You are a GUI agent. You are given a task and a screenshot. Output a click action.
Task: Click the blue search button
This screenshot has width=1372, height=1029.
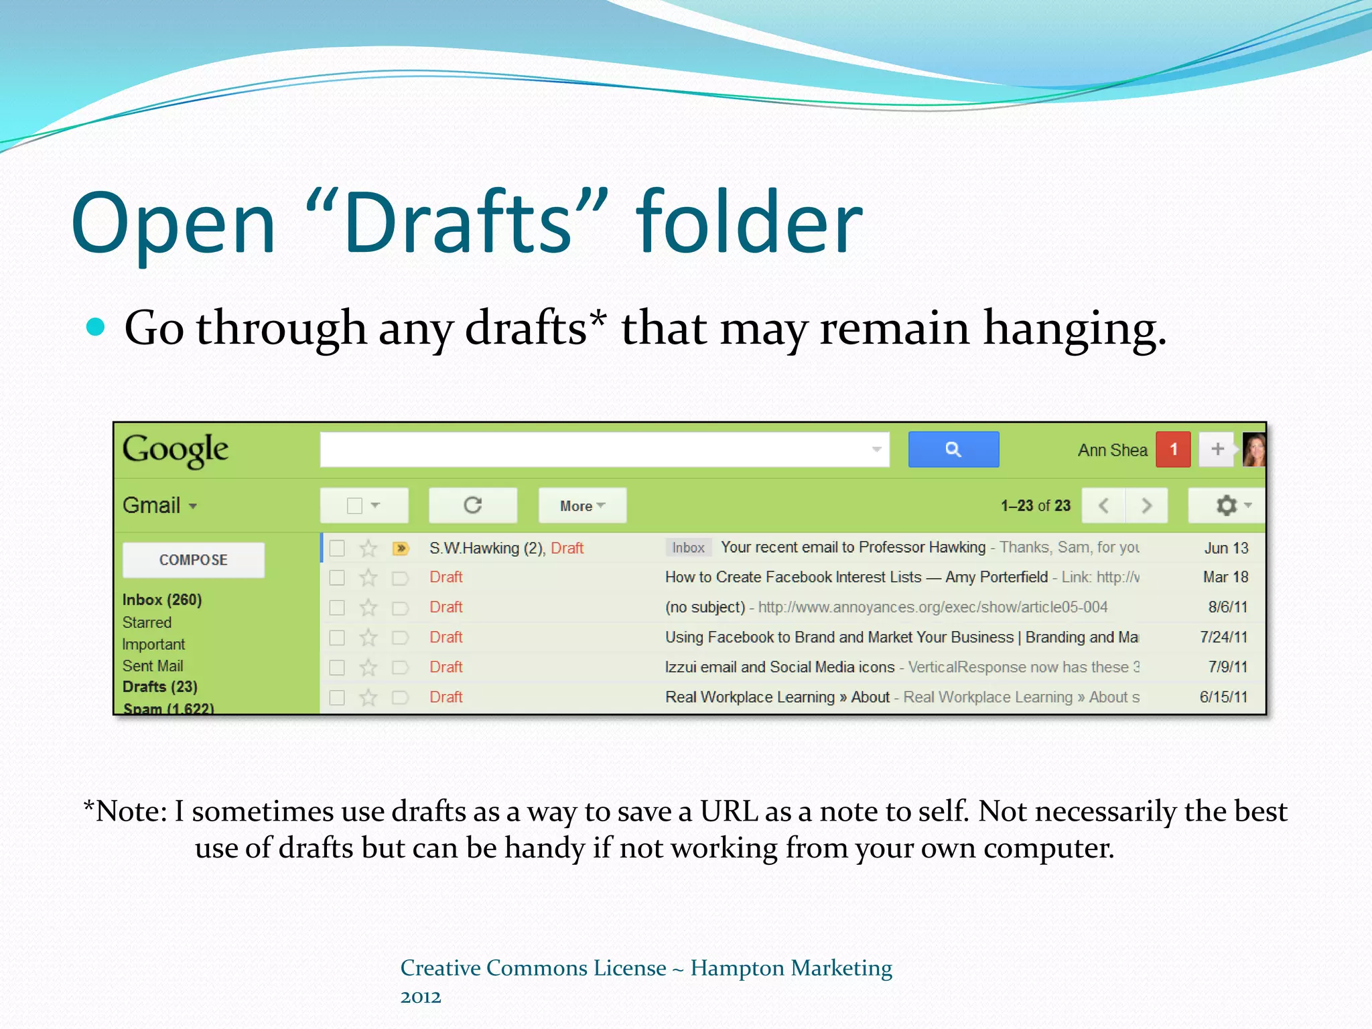pyautogui.click(x=953, y=450)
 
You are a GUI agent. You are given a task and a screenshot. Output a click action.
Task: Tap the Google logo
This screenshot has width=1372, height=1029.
pyautogui.click(x=176, y=450)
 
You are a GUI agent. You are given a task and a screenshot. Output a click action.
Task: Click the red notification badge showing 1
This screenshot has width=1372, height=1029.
pyautogui.click(x=1173, y=450)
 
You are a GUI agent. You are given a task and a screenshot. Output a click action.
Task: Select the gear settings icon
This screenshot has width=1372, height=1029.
pyautogui.click(x=1227, y=505)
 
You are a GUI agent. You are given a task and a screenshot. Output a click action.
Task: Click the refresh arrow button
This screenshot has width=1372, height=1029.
pyautogui.click(x=473, y=505)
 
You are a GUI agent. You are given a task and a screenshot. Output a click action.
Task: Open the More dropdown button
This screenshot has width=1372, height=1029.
pyautogui.click(x=582, y=506)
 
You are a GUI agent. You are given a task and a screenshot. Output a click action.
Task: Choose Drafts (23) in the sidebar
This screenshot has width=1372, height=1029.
pyautogui.click(x=160, y=687)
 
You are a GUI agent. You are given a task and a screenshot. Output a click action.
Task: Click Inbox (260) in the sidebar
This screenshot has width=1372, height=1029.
pyautogui.click(x=162, y=600)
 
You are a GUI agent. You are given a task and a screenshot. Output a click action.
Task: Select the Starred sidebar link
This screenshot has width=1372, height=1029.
pyautogui.click(x=147, y=622)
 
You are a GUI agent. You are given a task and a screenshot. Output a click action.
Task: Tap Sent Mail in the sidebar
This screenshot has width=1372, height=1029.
pyautogui.click(x=153, y=666)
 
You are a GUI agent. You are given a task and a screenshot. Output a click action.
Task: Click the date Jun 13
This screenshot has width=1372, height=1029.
pyautogui.click(x=1226, y=548)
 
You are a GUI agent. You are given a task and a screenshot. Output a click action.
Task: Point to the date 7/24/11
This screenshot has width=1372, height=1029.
pyautogui.click(x=1223, y=637)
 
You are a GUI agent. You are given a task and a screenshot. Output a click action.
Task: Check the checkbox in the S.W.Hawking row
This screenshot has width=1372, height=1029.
pyautogui.click(x=337, y=549)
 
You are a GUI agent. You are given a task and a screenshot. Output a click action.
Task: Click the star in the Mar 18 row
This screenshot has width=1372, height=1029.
pyautogui.click(x=368, y=577)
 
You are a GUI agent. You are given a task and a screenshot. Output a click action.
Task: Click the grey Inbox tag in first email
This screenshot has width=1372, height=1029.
pyautogui.click(x=688, y=548)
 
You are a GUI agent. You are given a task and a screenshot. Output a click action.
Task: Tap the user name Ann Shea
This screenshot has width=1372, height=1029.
pyautogui.click(x=1112, y=450)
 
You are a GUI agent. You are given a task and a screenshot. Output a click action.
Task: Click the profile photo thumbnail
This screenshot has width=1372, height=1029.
pyautogui.click(x=1253, y=450)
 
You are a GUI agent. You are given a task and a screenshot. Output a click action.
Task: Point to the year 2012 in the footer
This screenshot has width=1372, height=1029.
pyautogui.click(x=421, y=998)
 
